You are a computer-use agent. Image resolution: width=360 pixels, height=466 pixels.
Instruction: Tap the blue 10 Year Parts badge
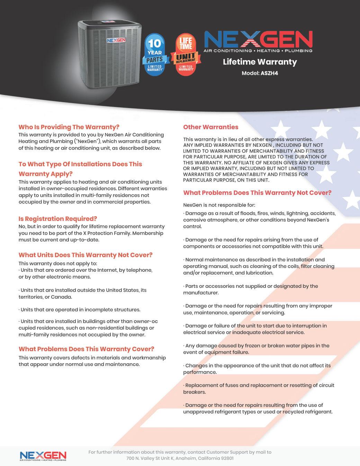(x=154, y=54)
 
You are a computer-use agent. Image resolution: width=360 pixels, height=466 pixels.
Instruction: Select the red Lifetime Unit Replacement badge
(x=186, y=54)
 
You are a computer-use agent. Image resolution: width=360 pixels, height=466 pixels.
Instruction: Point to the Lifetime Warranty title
(x=260, y=62)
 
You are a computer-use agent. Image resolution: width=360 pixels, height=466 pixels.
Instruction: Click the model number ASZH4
(x=269, y=73)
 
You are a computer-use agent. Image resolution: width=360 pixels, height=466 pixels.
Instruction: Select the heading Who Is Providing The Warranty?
(x=69, y=127)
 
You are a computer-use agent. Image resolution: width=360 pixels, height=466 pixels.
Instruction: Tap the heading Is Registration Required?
(x=57, y=219)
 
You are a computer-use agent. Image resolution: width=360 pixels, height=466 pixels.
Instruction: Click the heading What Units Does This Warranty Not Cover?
(x=85, y=255)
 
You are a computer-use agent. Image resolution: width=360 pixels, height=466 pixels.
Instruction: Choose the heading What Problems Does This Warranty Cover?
(x=86, y=349)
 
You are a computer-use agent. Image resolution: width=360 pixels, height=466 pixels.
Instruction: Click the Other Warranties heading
(x=210, y=127)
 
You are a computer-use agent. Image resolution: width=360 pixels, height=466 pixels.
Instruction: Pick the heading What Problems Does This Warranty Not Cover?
(x=257, y=193)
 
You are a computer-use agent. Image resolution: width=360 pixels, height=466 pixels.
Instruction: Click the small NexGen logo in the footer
(x=43, y=456)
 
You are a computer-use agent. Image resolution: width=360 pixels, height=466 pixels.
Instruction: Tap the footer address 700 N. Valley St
(x=180, y=458)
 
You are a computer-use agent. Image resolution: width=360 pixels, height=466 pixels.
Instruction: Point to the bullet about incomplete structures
(x=80, y=310)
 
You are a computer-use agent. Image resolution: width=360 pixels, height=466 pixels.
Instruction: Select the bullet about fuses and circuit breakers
(x=259, y=388)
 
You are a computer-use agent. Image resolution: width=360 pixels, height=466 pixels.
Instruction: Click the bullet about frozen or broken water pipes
(x=256, y=349)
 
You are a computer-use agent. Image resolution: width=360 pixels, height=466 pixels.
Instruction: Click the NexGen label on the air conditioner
(x=116, y=41)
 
